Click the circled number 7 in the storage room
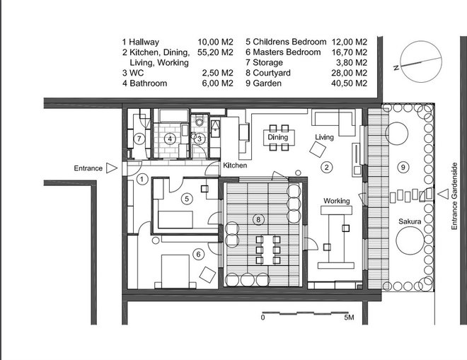[139, 139]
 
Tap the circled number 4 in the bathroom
[170, 139]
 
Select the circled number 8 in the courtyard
[258, 220]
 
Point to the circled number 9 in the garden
[403, 167]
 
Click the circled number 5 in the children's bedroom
[187, 199]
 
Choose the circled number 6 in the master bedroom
[198, 255]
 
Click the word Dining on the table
[278, 137]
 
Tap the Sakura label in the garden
[410, 221]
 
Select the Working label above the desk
[337, 201]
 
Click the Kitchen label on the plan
[235, 166]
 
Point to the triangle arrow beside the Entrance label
[112, 168]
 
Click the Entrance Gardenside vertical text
[454, 196]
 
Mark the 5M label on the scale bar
[349, 318]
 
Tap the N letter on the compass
[396, 68]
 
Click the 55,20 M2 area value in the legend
[215, 52]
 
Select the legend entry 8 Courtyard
[268, 73]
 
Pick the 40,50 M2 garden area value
[349, 83]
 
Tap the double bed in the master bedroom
[175, 271]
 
